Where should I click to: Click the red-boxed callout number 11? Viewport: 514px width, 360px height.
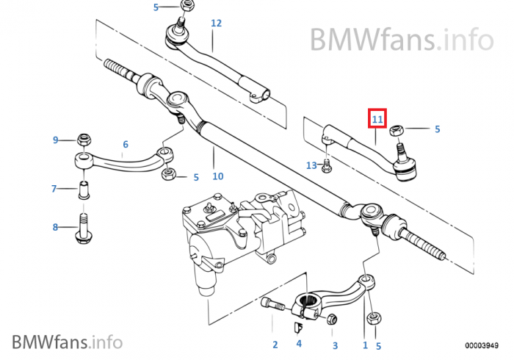tap(377, 118)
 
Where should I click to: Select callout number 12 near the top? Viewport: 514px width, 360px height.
tap(216, 24)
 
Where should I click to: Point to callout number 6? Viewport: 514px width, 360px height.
tap(126, 145)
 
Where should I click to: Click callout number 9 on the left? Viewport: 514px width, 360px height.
tap(55, 140)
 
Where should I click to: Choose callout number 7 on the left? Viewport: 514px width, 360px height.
tap(54, 189)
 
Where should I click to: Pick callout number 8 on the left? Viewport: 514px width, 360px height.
tap(55, 228)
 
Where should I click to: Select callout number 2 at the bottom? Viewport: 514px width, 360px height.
tap(275, 345)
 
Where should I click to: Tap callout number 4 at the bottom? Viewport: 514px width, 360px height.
tap(299, 343)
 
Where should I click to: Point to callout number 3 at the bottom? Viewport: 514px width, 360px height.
tap(334, 345)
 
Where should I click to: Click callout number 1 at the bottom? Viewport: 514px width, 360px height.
tap(365, 345)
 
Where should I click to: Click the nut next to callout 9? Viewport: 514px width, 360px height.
tap(84, 140)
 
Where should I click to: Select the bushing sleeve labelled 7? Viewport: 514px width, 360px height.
tap(84, 189)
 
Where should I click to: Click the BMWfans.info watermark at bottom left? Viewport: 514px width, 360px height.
tap(67, 341)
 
